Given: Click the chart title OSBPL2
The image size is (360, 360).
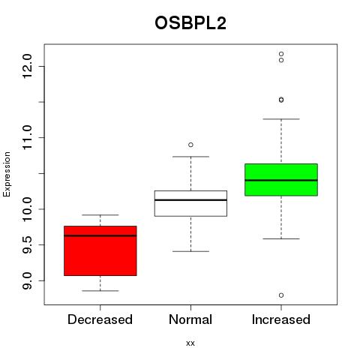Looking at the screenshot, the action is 190,23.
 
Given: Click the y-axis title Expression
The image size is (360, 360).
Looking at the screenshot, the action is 7,174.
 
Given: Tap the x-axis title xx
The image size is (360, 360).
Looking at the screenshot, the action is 190,343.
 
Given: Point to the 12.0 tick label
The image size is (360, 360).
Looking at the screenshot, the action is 27,66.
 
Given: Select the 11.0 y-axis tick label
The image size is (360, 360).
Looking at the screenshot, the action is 27,138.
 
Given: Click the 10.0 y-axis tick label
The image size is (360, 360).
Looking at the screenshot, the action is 27,209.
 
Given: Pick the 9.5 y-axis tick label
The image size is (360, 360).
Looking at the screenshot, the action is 27,244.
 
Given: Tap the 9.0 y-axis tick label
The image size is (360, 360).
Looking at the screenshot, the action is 27,280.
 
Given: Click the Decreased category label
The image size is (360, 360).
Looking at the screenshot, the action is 100,319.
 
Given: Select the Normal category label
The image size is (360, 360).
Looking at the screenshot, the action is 190,319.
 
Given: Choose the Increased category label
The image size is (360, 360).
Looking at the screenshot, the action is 281,319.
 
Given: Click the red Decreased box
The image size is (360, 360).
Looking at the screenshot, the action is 100,250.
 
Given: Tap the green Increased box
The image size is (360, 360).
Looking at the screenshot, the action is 281,180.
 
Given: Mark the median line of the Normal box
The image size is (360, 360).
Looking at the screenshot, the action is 190,200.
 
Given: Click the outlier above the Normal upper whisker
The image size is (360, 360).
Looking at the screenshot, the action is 190,145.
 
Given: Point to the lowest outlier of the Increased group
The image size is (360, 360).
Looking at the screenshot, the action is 281,295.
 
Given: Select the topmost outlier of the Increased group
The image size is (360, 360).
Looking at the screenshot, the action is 281,54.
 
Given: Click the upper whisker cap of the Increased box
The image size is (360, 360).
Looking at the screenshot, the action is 281,119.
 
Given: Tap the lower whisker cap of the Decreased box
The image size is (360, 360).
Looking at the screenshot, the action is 100,291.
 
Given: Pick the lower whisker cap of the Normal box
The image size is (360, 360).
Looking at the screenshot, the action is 190,251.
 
